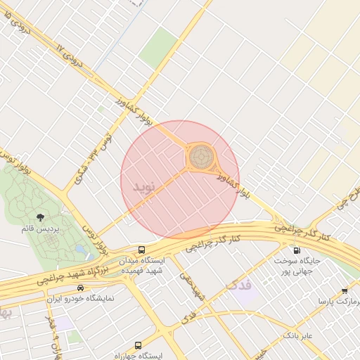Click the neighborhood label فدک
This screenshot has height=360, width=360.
[x=238, y=285]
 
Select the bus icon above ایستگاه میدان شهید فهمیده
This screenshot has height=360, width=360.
[x=142, y=250]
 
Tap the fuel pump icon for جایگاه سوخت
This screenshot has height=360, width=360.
[x=296, y=250]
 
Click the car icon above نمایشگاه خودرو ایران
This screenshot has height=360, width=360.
[x=80, y=288]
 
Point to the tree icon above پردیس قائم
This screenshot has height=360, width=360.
[x=39, y=219]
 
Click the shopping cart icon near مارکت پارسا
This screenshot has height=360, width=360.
[x=344, y=290]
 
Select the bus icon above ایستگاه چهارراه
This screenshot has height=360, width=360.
[x=137, y=345]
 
